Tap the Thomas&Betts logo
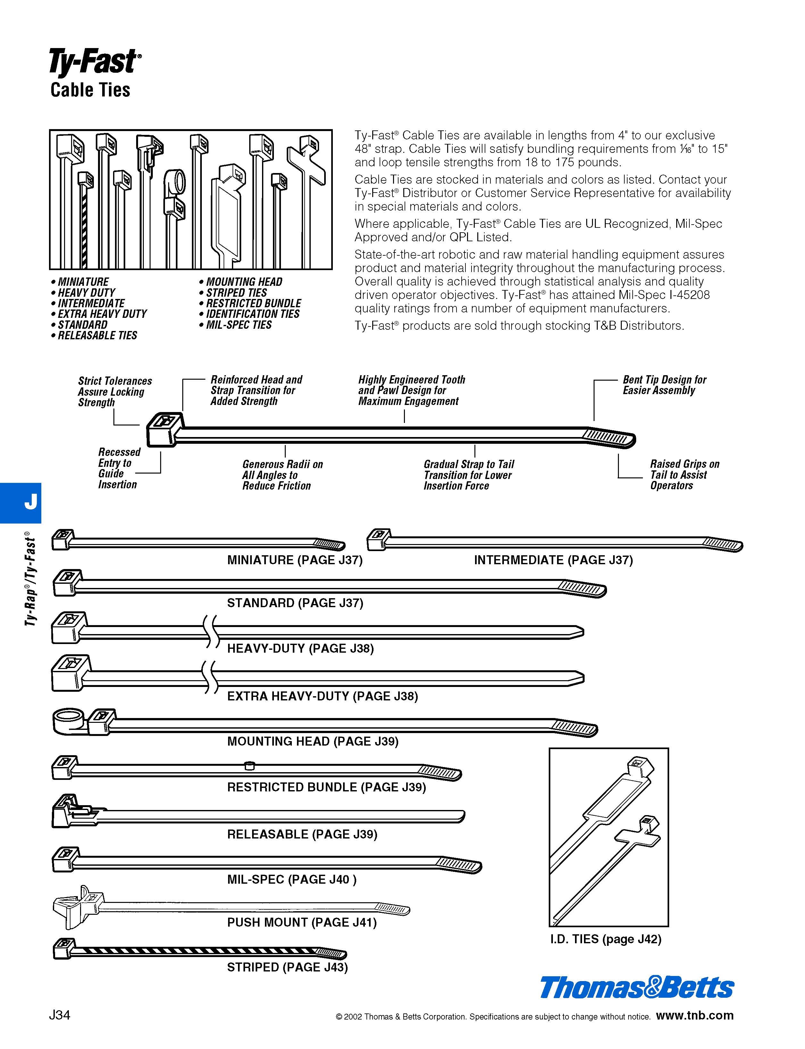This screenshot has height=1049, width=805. (637, 988)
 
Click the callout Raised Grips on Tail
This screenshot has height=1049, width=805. (684, 475)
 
